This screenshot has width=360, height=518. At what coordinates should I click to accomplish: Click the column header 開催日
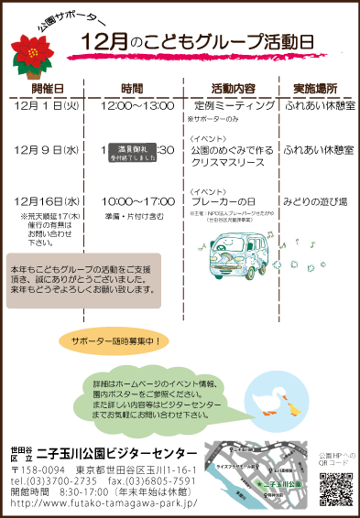click(x=47, y=89)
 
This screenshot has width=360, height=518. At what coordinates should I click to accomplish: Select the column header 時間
click(x=132, y=89)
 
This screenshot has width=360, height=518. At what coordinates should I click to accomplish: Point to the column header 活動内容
click(x=233, y=89)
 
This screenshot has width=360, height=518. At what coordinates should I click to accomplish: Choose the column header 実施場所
click(x=315, y=89)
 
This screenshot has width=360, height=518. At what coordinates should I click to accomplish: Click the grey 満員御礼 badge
click(x=134, y=152)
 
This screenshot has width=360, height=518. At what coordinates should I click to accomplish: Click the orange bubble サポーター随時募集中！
click(x=115, y=341)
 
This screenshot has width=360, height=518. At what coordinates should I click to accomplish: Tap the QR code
click(x=334, y=488)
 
